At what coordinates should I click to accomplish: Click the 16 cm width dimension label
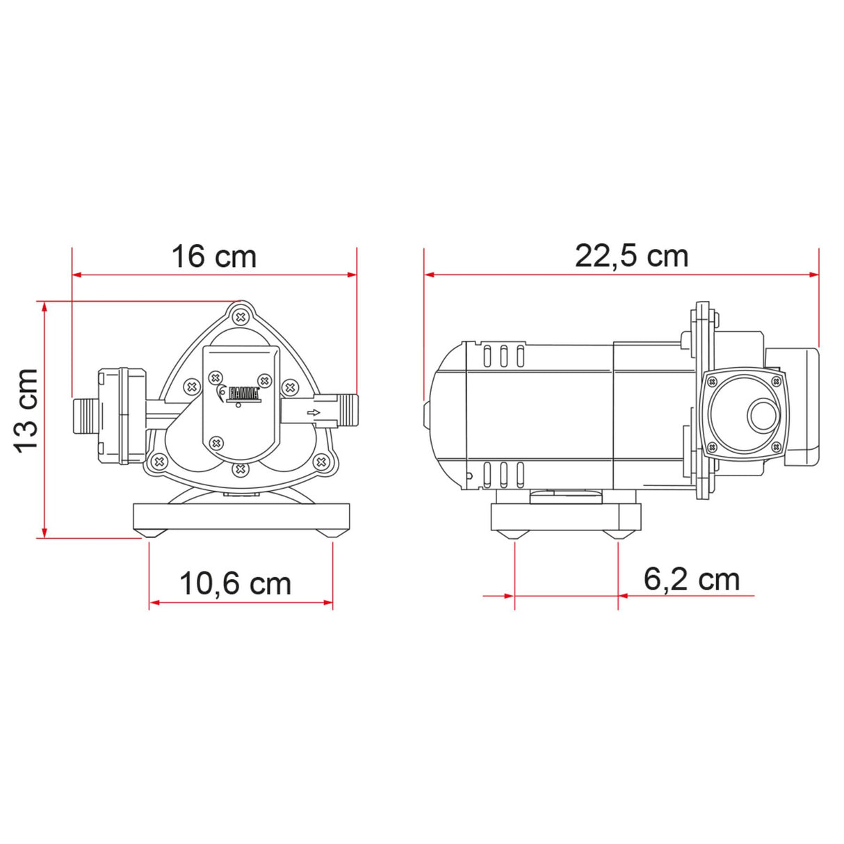[214, 257]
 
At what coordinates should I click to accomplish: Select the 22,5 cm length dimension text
[631, 256]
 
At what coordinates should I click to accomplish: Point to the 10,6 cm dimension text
[235, 583]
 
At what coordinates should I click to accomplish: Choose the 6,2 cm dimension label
[691, 579]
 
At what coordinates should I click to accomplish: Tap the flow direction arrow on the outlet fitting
[314, 414]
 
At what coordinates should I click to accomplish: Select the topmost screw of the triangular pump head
[241, 316]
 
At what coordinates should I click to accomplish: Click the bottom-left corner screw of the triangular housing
[159, 460]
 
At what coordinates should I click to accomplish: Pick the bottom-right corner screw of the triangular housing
[320, 460]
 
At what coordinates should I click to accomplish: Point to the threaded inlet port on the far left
[85, 415]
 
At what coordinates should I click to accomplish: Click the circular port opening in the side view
[763, 416]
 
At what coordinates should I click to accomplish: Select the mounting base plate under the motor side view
[565, 517]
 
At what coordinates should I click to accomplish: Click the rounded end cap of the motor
[445, 415]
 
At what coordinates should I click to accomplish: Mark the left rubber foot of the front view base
[151, 533]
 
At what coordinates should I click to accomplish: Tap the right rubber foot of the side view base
[617, 533]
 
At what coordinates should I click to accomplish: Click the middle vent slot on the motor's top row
[503, 355]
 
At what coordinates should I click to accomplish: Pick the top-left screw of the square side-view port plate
[712, 381]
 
